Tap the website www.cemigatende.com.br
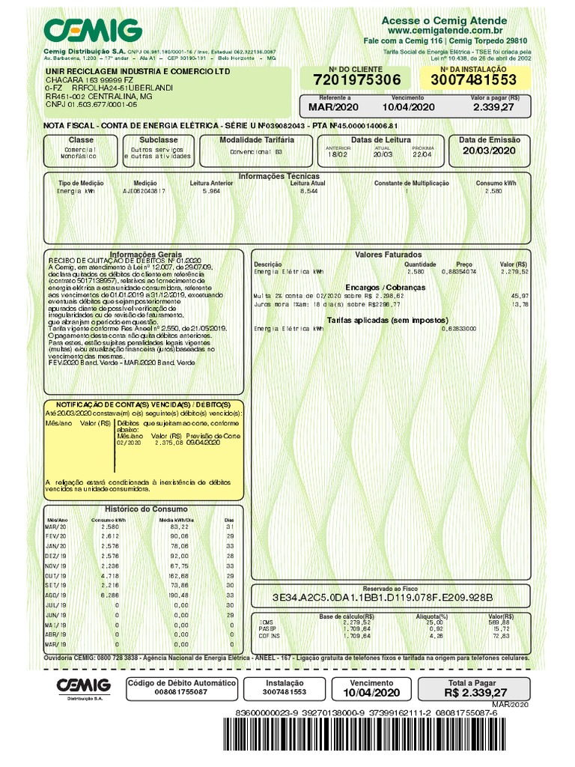[x=454, y=30]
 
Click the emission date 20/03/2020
[x=489, y=151]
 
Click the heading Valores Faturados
[x=388, y=255]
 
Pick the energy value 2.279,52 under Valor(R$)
[x=514, y=272]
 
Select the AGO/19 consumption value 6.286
[x=109, y=595]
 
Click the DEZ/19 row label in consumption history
[x=56, y=557]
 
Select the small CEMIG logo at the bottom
[x=84, y=685]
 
